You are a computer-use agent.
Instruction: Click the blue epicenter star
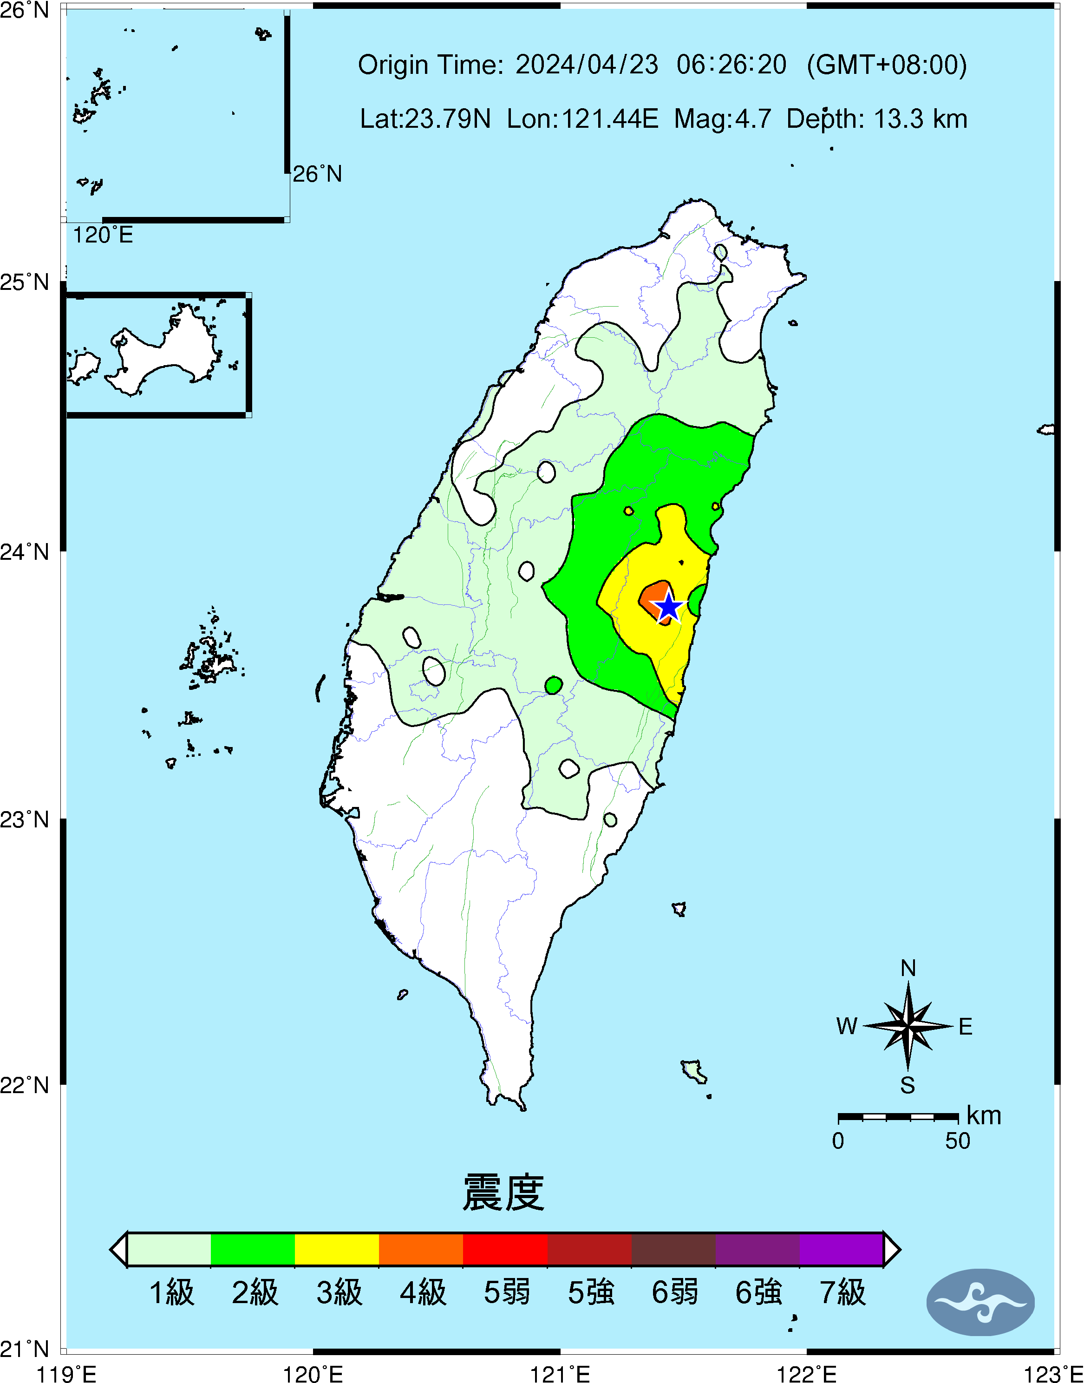click(668, 606)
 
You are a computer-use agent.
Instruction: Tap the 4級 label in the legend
click(423, 1292)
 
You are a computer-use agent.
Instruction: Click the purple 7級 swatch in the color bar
click(841, 1249)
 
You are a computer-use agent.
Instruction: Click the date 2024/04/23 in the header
click(587, 65)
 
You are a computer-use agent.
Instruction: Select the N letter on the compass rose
click(908, 969)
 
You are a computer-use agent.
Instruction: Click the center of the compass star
click(908, 1026)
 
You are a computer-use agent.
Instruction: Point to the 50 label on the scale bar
click(957, 1141)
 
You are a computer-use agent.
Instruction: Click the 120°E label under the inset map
click(103, 236)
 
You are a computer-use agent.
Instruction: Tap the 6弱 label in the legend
click(675, 1292)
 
